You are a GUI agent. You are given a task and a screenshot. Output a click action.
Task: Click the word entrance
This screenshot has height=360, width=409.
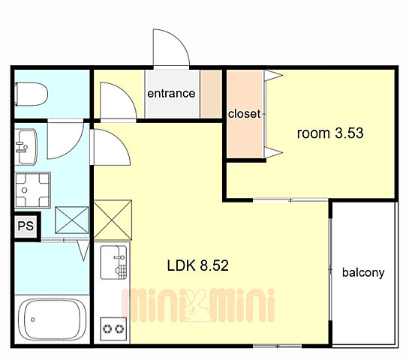[x=171, y=93]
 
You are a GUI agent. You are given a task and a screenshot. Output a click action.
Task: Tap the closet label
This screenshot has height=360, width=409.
[x=244, y=114]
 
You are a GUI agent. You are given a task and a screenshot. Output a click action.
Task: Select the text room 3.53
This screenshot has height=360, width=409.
[x=330, y=133]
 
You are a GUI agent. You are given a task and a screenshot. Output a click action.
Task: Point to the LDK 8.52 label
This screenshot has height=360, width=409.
[x=197, y=265]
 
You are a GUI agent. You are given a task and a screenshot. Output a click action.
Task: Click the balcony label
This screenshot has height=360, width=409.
[x=363, y=273]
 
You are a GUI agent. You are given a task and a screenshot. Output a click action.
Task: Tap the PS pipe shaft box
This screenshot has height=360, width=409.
[x=26, y=226]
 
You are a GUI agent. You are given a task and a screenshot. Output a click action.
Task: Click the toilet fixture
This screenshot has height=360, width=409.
[x=32, y=94]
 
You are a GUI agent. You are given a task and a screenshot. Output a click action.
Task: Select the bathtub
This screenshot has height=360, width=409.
[x=53, y=319]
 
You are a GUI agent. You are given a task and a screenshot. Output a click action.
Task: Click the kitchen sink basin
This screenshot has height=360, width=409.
[x=114, y=262]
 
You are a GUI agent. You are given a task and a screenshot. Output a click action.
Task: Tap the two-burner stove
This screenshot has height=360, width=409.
[x=114, y=328]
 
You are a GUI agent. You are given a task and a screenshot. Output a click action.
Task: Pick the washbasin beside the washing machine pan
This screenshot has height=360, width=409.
[x=26, y=147]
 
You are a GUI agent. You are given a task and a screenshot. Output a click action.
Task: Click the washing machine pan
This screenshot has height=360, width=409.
[x=32, y=190]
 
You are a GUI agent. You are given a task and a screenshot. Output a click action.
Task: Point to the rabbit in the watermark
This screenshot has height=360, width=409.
[x=197, y=306]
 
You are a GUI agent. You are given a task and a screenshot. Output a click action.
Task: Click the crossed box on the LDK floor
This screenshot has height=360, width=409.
[x=113, y=220]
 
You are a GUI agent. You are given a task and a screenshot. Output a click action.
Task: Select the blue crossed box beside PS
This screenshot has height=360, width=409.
[x=72, y=220]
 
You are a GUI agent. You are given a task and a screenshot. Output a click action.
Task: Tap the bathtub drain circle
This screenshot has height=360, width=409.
[x=33, y=319]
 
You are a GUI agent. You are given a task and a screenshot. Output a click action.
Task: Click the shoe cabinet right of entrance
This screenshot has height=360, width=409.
[x=211, y=94]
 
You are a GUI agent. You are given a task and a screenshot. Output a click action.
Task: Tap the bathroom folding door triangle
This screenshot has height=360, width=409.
[x=84, y=250]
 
